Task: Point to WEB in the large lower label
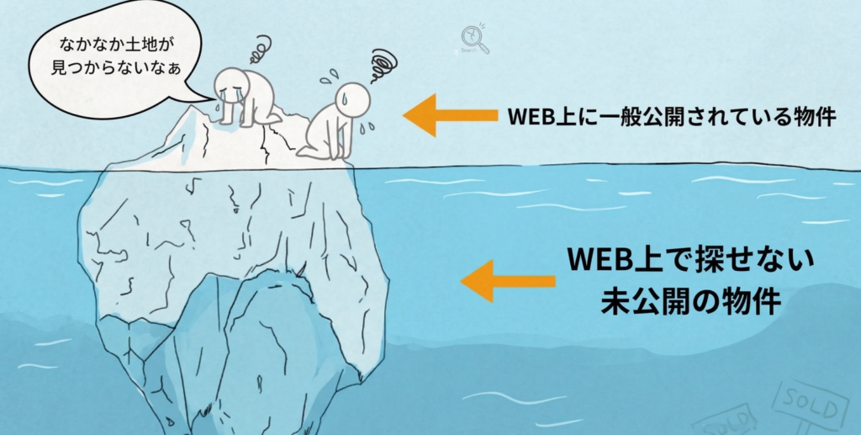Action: click(598, 259)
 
